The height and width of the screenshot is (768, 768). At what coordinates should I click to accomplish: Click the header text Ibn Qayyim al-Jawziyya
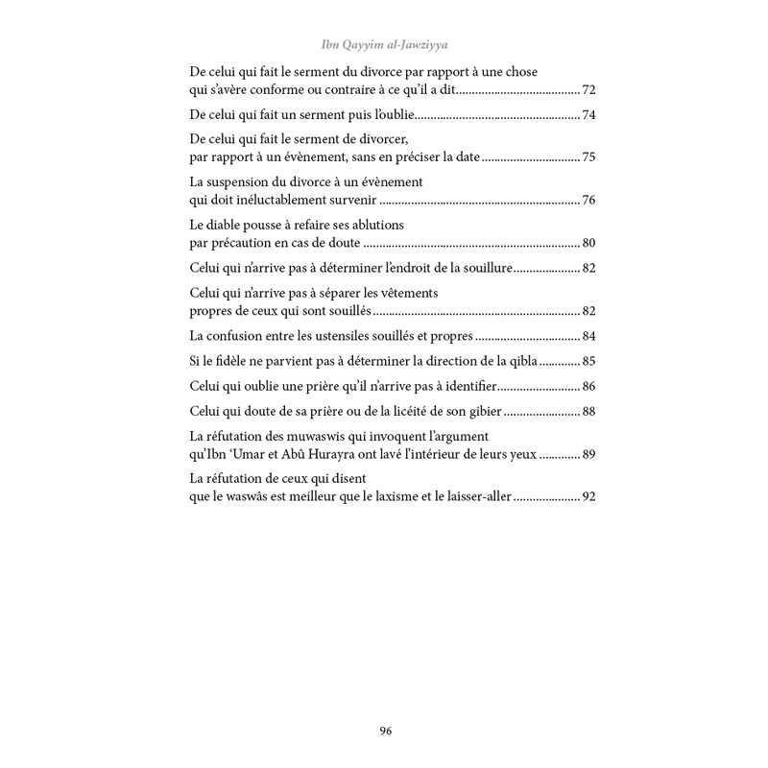click(x=384, y=43)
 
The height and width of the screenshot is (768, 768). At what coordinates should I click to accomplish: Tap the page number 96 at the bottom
click(x=385, y=731)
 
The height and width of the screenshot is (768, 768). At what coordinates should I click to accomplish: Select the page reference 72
click(x=588, y=89)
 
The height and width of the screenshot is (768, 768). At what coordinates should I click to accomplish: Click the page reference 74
click(x=588, y=115)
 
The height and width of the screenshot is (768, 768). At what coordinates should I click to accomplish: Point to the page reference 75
click(x=588, y=156)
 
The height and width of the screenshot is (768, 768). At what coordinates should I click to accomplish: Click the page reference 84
click(x=588, y=336)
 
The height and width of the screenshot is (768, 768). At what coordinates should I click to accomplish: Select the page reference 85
click(x=588, y=362)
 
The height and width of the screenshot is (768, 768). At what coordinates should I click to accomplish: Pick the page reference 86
click(x=588, y=387)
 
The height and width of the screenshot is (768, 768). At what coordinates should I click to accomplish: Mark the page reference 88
click(x=588, y=412)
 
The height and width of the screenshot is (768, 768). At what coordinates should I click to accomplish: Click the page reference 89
click(x=588, y=455)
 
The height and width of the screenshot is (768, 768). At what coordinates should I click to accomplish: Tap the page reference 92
click(x=588, y=498)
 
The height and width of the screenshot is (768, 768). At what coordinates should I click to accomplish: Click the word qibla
click(x=523, y=362)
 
